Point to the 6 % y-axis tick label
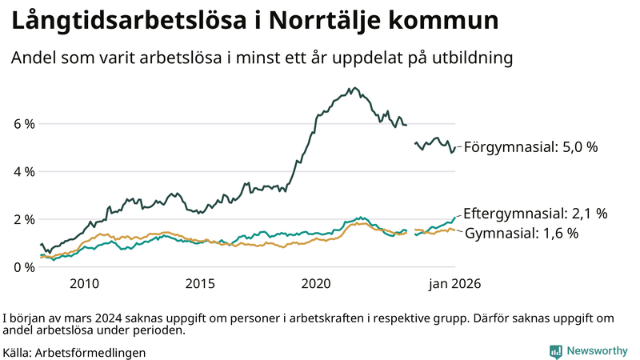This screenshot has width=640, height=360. coord(24,124)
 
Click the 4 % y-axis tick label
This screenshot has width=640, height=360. coord(24,171)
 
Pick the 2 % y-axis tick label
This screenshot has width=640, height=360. coord(24,219)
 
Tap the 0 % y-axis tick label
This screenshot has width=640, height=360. coord(24,266)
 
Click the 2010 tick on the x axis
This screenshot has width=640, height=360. coord(84,283)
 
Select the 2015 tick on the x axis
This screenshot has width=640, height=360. coord(200,283)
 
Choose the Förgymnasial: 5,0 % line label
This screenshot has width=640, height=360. coord(530,147)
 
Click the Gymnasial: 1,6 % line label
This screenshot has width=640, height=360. coord(533,234)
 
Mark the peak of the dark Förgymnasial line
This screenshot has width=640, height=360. coord(353,88)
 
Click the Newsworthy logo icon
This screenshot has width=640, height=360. coord(555,351)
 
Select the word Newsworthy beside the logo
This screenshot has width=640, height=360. coord(596,351)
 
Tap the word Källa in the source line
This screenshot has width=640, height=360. coord(17,352)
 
